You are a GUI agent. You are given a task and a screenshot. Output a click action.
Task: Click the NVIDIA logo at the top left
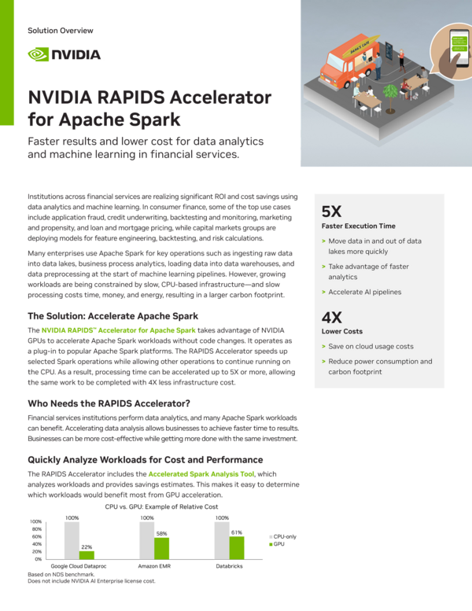click(64, 54)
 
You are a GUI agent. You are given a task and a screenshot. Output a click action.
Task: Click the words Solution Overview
click(60, 31)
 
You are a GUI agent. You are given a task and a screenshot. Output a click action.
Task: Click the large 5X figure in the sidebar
click(331, 211)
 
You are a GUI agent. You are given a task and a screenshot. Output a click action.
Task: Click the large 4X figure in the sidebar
click(331, 317)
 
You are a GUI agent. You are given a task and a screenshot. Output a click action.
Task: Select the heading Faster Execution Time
click(358, 226)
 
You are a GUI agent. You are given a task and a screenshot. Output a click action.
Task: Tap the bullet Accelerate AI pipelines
click(364, 292)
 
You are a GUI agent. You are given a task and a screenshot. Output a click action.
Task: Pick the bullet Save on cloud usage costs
click(370, 346)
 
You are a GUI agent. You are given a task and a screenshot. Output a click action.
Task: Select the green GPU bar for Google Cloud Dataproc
click(87, 554)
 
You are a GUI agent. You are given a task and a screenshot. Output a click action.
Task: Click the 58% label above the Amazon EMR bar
click(161, 533)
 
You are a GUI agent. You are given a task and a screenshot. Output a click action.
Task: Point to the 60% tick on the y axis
click(36, 536)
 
